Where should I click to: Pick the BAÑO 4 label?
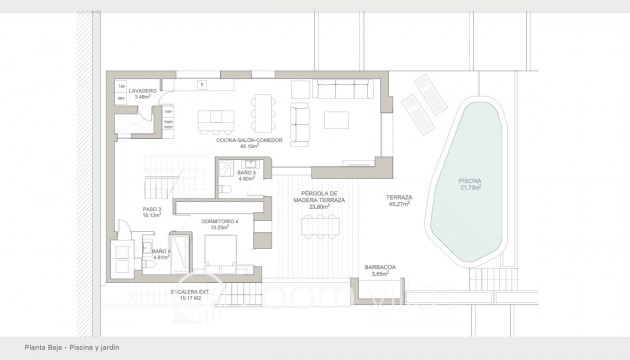coord(159,251)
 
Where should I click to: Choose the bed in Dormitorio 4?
coord(221,246)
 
